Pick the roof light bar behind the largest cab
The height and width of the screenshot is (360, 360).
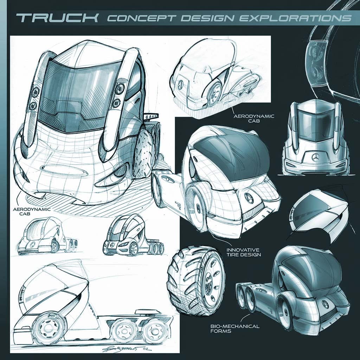152,116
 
